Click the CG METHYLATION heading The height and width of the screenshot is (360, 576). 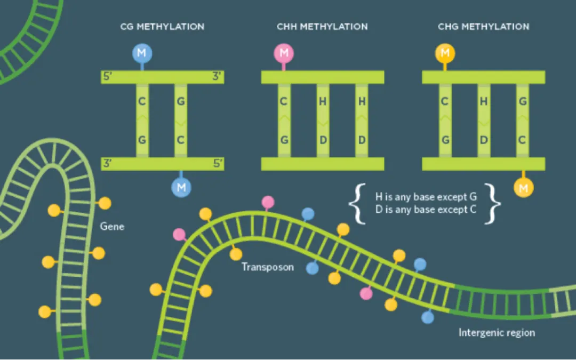click(162, 26)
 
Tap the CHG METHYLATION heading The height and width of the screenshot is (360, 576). click(483, 26)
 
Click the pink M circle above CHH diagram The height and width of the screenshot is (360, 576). click(284, 53)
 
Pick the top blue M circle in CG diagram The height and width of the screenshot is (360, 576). click(142, 53)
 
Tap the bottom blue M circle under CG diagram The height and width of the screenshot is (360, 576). click(181, 187)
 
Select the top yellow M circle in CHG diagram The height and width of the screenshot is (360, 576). click(445, 53)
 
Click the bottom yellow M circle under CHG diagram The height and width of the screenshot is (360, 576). click(523, 187)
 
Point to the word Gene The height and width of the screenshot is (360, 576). click(112, 227)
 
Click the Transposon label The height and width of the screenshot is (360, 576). click(268, 267)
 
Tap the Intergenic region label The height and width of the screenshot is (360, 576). click(497, 333)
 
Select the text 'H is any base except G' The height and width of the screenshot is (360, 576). click(426, 197)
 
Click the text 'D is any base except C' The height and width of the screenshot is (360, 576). click(426, 210)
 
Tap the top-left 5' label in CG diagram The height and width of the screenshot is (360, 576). click(107, 77)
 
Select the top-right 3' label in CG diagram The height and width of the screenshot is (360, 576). click(217, 77)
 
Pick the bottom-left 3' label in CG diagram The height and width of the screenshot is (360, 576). click(107, 164)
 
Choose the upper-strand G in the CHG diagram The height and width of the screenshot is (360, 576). click(523, 101)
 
